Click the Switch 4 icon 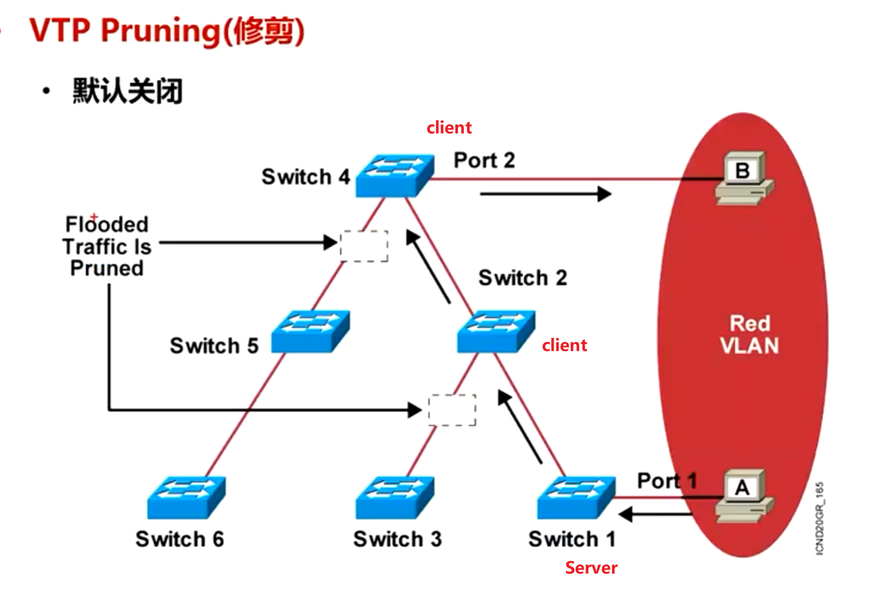coord(395,175)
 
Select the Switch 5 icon coord(310,331)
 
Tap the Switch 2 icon coord(496,331)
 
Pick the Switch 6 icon coord(186,497)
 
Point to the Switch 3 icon coord(395,497)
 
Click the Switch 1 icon coord(576,497)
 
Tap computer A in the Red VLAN coord(743,495)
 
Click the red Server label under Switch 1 coord(591,568)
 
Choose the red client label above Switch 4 coord(449,128)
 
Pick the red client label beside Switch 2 coord(564,345)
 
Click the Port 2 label coord(484,161)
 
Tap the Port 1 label coord(666,481)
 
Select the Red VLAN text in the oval coord(749,335)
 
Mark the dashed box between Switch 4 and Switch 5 coord(365,246)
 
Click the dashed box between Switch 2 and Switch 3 coord(452,410)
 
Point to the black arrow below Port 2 coord(545,194)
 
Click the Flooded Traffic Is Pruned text coord(107,246)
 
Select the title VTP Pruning coord(166,31)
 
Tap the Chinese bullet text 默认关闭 coord(128,91)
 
